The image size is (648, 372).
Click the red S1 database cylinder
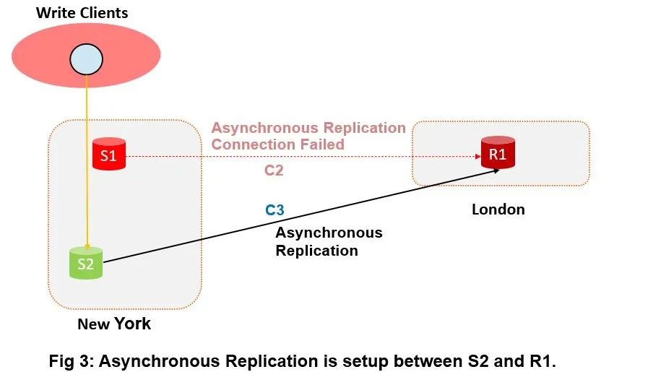109,155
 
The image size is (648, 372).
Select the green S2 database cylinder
86,263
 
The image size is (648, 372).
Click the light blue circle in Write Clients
86,59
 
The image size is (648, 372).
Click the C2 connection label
273,171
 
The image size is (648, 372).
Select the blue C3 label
275,210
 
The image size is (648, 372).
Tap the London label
498,209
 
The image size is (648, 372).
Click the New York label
114,324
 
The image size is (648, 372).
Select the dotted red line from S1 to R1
303,155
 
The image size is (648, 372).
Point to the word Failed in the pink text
317,144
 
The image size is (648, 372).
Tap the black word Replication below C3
316,251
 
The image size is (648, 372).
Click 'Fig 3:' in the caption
71,360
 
